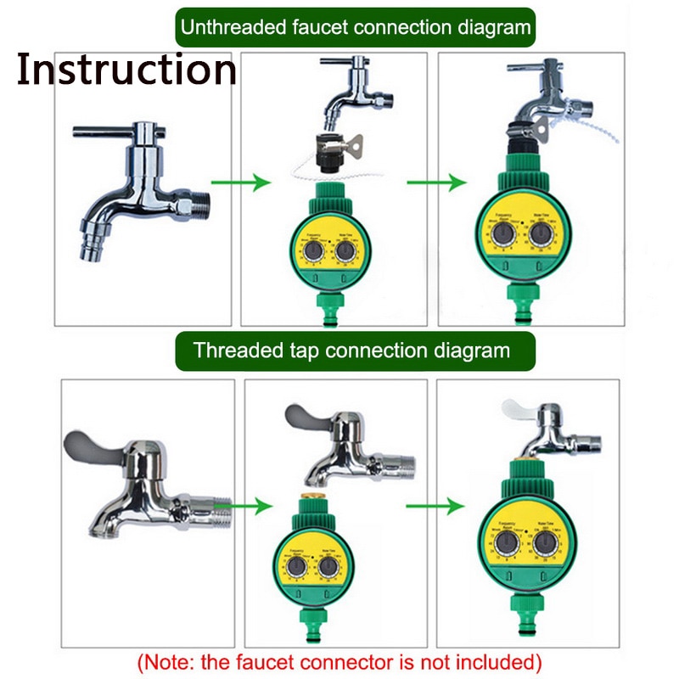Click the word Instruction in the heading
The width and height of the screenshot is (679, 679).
(x=126, y=69)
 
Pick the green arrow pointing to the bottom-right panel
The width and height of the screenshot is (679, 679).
(x=435, y=506)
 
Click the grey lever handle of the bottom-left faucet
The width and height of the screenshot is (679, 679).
(x=92, y=445)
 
